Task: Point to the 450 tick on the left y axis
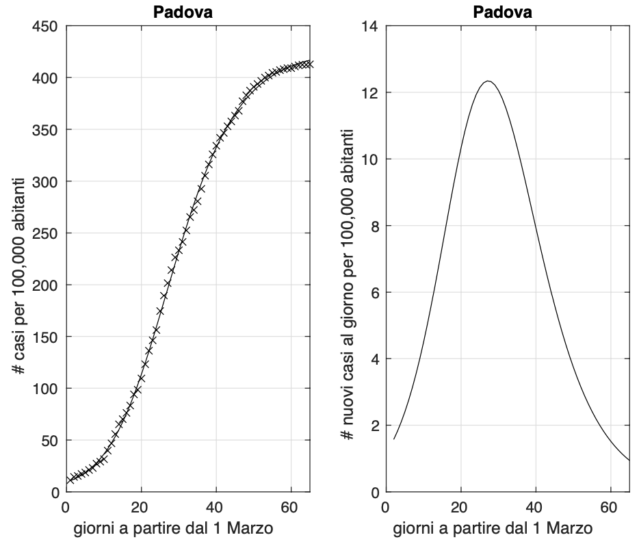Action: (x=48, y=26)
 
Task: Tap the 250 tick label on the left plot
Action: (x=48, y=233)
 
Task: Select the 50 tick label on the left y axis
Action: (x=51, y=440)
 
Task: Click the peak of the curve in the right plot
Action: (x=488, y=81)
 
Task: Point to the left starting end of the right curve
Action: (x=393, y=439)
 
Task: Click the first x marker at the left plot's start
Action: (x=70, y=480)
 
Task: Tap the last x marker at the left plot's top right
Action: (x=310, y=64)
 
